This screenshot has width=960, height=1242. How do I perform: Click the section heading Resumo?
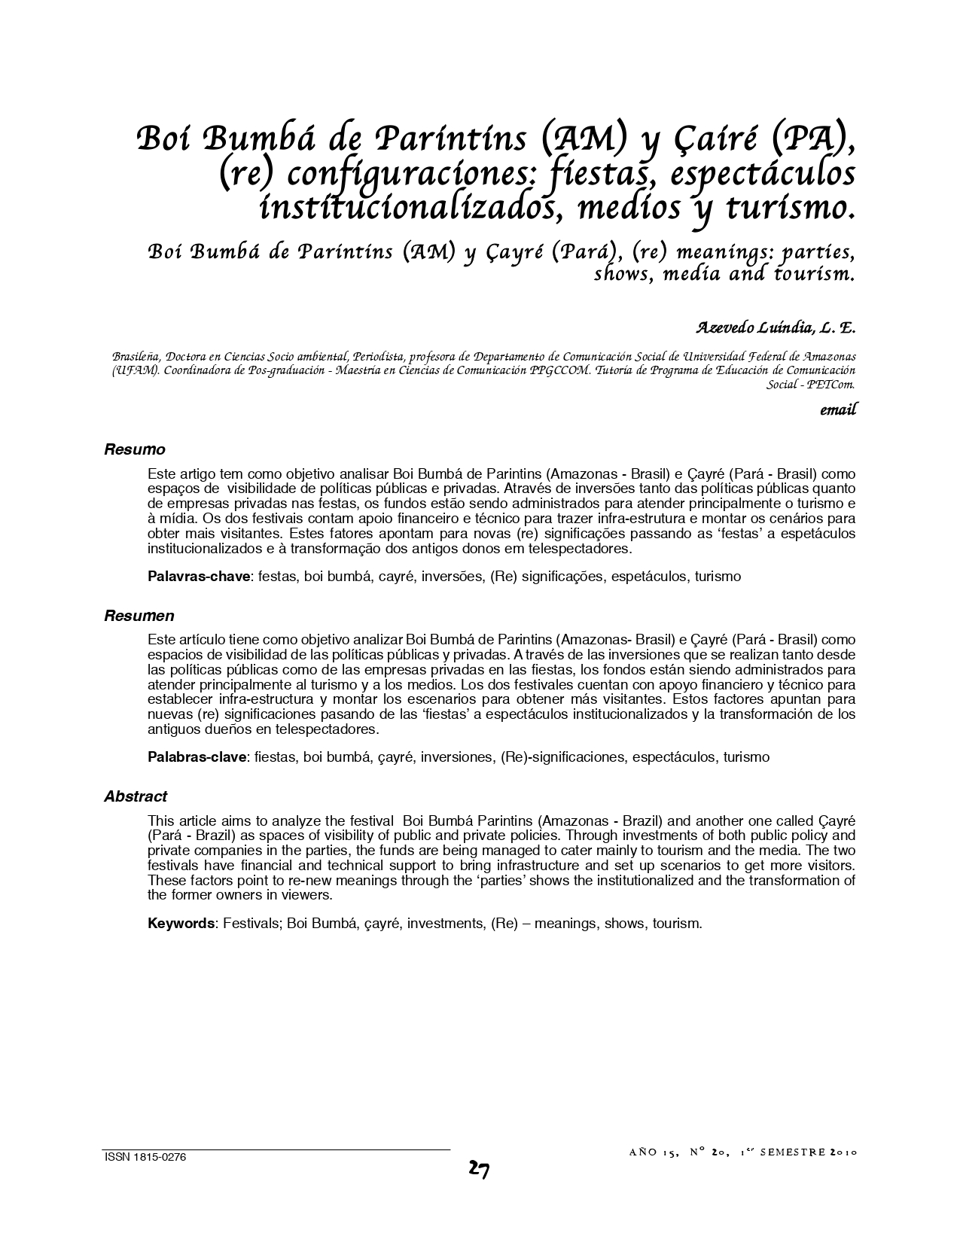tap(134, 450)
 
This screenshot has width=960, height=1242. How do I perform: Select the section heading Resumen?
tap(139, 616)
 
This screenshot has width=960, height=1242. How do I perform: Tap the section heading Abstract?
tap(136, 796)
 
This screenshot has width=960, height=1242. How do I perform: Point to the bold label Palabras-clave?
tap(197, 757)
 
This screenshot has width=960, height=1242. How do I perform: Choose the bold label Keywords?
tap(181, 924)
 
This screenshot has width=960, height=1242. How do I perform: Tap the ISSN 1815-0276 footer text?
tap(145, 1158)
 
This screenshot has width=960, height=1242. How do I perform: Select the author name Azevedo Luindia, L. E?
tap(776, 328)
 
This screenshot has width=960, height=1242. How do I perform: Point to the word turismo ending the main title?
tap(797, 207)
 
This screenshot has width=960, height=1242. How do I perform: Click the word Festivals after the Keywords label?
tap(251, 924)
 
